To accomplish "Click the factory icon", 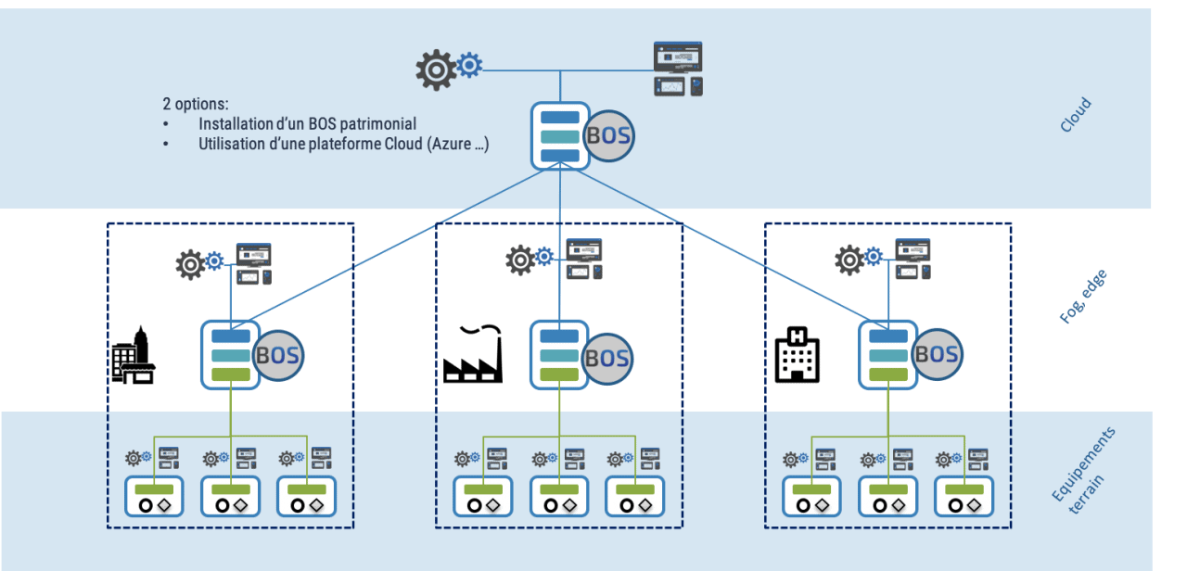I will coord(473,355).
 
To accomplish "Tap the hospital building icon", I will coord(798,355).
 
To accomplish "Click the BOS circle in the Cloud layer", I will coord(609,136).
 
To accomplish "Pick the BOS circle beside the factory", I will coord(608,357).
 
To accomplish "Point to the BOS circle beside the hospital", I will coord(937,355).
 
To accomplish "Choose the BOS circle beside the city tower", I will coord(278,355).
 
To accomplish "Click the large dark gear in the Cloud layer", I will coord(435,70).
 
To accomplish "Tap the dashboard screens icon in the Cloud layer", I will coord(678,69).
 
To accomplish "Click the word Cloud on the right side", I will coord(1076,115).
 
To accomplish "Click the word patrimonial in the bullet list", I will coord(378,123).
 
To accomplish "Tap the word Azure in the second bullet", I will coord(449,145).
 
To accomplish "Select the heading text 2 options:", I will coord(195,104).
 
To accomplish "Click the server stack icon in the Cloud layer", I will coord(560,136).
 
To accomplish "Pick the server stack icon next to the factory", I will coord(559,355).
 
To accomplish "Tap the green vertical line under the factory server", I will coord(559,412).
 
